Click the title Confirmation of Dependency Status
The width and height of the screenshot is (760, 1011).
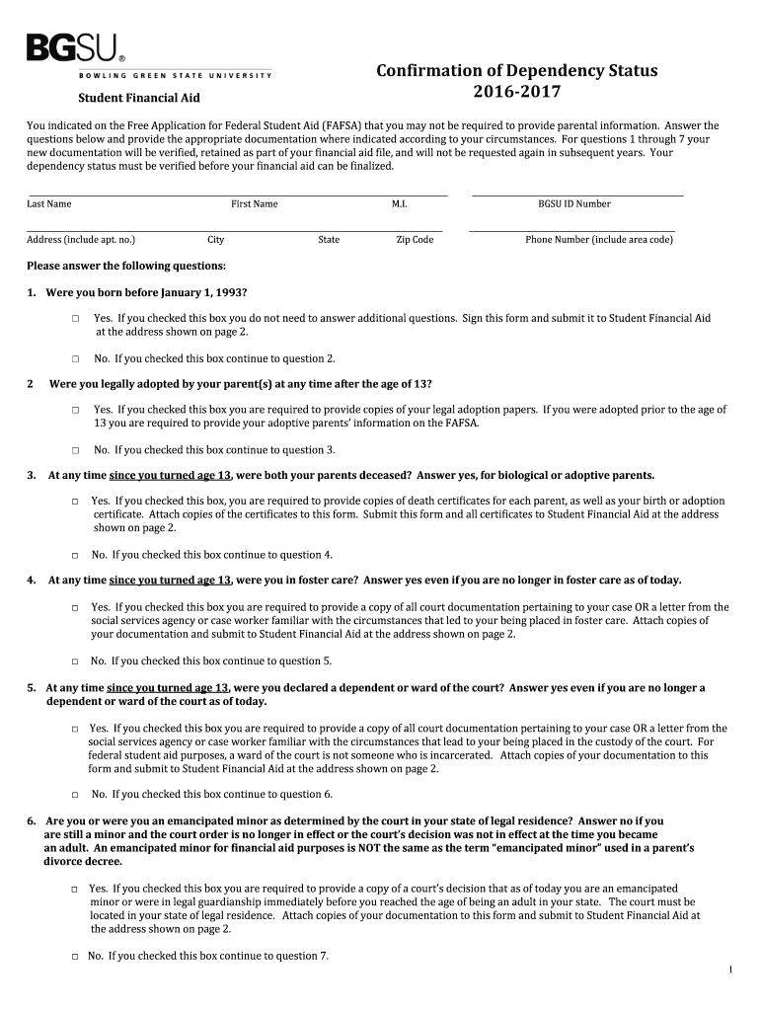(516, 71)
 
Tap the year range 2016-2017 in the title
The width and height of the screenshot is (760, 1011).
(516, 93)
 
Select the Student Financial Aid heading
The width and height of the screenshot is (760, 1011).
(139, 98)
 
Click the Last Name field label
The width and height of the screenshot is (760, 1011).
(49, 204)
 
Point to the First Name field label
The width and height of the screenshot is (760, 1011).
(255, 204)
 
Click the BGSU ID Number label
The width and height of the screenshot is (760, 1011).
(574, 204)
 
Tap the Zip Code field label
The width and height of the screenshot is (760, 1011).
(415, 240)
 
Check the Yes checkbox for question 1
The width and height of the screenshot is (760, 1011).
(75, 319)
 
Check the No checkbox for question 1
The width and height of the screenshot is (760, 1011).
(75, 359)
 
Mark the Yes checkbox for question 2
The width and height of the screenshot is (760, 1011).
(75, 410)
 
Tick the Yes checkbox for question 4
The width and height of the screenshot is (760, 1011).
(75, 608)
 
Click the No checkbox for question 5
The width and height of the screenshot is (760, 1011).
(75, 795)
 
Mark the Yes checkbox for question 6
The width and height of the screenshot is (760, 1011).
(75, 889)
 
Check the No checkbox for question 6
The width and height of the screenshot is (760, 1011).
(75, 957)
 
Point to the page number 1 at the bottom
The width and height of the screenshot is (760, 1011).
(730, 971)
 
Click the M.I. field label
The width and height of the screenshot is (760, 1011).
(400, 204)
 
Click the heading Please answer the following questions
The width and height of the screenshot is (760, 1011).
(126, 267)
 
